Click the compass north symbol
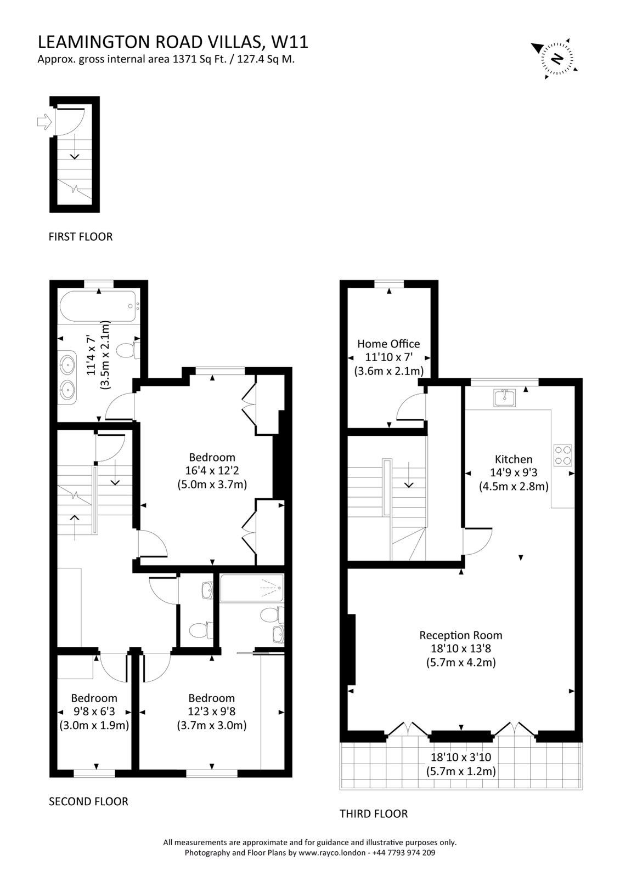pos(556,58)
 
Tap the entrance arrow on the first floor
pos(44,121)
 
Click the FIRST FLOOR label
pos(80,236)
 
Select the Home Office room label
pos(388,343)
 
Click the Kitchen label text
pos(513,459)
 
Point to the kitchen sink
pos(505,398)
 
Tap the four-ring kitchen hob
pos(562,455)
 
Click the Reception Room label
pos(460,635)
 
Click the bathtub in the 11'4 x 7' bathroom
pos(98,306)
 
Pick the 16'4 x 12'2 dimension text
pos(212,470)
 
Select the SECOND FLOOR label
pos(88,801)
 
